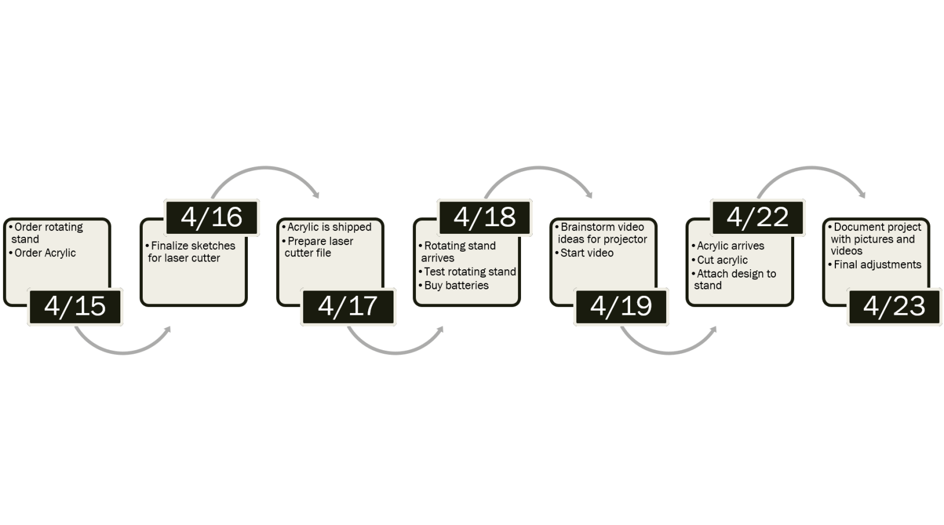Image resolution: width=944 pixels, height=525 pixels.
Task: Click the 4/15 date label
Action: click(75, 306)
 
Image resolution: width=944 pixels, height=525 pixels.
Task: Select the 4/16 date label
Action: click(211, 217)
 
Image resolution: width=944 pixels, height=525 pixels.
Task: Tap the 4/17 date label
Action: click(348, 306)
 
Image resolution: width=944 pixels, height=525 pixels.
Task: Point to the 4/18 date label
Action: click(484, 217)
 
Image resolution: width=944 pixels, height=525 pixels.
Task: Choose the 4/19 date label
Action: click(621, 306)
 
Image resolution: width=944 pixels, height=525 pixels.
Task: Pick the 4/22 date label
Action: click(758, 217)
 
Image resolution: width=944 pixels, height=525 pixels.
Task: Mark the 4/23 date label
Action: click(894, 306)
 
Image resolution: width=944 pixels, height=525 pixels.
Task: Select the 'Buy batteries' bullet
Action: click(457, 285)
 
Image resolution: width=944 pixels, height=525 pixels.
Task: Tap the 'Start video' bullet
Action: click(587, 253)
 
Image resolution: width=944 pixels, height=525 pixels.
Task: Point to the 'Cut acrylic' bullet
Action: click(722, 260)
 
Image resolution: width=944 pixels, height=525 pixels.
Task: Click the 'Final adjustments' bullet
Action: click(877, 265)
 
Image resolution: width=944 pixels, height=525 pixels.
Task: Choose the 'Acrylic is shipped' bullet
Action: click(329, 227)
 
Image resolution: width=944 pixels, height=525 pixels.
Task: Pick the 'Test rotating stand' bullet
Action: click(470, 272)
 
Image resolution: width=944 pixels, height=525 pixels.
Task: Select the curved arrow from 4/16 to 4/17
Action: click(265, 171)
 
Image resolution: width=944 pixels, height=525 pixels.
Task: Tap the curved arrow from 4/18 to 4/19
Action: click(538, 171)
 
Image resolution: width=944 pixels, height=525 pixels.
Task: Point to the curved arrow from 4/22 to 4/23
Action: click(811, 171)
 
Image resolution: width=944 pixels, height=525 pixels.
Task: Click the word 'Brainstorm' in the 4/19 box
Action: click(584, 227)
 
